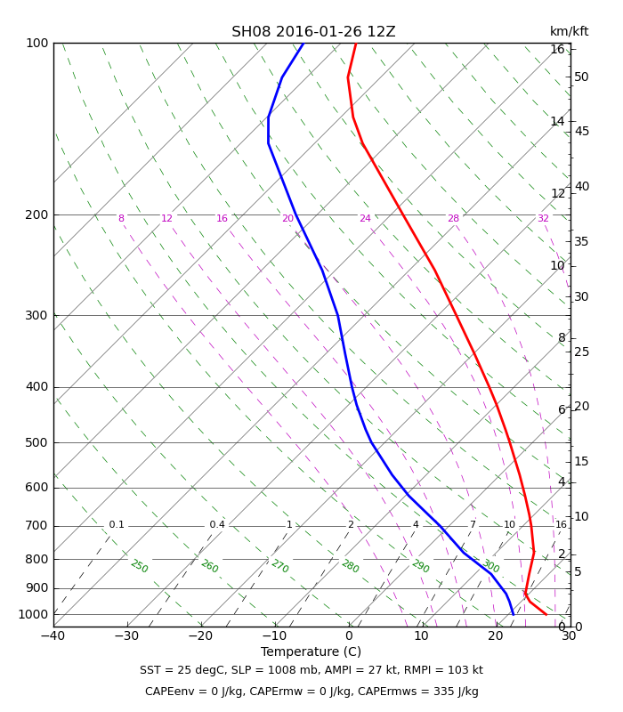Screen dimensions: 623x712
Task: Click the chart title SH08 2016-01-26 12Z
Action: coord(313,32)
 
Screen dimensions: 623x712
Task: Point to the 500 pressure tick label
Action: coord(36,442)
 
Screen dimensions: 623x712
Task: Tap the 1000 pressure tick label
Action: coord(33,614)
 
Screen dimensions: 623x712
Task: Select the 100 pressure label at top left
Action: coord(37,43)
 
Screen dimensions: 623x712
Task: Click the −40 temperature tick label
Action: coord(53,635)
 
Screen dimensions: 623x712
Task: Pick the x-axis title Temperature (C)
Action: coord(311,652)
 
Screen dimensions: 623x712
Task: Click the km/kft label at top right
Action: coord(569,31)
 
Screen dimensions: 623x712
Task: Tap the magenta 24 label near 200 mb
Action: coord(365,218)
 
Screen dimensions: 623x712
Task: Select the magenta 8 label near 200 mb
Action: coord(121,218)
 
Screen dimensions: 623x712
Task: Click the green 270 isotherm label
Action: coord(279,566)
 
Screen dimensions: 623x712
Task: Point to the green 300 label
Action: coord(490,566)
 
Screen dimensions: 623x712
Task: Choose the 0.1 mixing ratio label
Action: coord(117,525)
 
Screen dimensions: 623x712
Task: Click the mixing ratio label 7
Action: coord(473,525)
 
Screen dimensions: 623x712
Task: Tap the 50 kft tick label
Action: coord(581,77)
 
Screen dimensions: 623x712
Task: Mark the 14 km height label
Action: coord(558,121)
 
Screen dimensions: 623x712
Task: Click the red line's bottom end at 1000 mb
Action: coord(546,614)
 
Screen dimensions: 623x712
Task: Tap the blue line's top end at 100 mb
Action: coord(303,44)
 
